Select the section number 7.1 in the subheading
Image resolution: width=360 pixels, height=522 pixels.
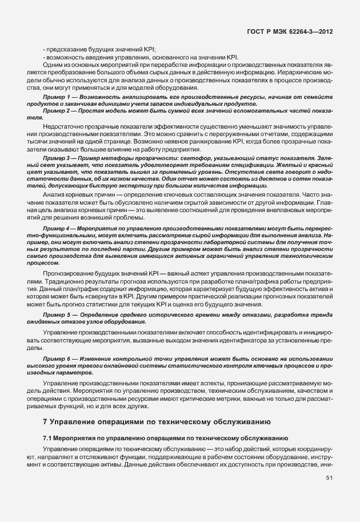point(48,437)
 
